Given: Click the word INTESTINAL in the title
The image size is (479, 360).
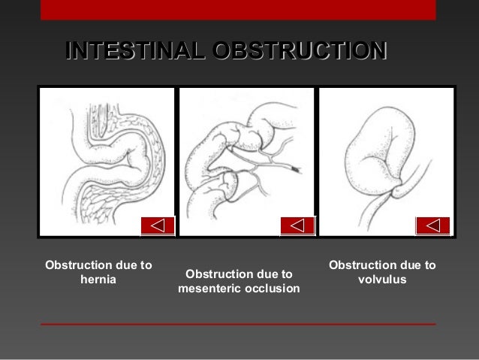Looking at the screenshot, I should coord(136,50).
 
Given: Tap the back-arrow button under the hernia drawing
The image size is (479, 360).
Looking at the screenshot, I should coord(158,225).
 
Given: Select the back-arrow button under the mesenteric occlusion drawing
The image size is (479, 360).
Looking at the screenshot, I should coord(297,225).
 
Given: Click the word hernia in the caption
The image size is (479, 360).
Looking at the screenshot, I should coord(98,280).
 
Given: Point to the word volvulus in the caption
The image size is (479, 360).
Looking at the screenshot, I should coord(382,280).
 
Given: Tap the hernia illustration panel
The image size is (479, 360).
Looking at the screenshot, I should coord(107,162).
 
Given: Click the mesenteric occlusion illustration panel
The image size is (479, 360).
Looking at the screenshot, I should coord(247,162).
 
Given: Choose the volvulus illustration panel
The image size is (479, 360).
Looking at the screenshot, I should coord(387,162).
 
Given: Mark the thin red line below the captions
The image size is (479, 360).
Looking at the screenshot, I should coord(238,324).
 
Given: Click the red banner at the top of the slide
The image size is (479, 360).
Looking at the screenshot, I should coord(238,9).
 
